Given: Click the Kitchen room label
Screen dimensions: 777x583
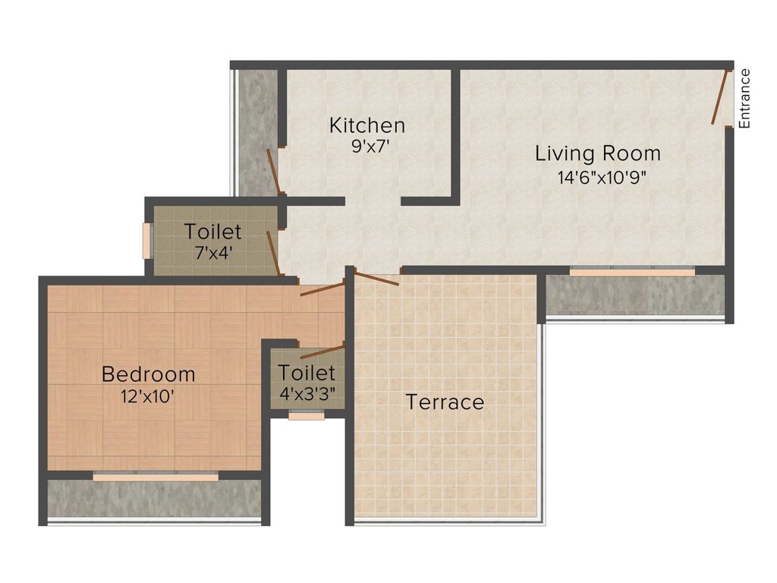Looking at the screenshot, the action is (367, 125).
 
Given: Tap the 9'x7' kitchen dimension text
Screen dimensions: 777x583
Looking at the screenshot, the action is (368, 147).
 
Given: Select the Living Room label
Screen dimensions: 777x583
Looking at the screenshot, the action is (598, 153).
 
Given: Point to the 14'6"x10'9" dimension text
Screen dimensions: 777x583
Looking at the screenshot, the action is (602, 177).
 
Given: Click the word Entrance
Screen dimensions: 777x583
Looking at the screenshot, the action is (744, 99).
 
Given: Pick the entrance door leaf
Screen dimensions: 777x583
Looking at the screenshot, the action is (721, 96).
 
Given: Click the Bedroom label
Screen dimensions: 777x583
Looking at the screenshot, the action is (148, 373).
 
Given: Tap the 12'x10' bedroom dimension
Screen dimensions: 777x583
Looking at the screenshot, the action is (147, 396).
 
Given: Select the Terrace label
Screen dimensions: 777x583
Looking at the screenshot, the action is (445, 402).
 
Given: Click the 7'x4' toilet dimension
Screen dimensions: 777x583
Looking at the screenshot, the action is (213, 254).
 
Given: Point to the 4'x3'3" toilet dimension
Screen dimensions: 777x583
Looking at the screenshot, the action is (307, 394).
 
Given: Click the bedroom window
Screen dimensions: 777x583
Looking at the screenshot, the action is (156, 477).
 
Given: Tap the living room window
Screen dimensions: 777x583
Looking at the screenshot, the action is (632, 272).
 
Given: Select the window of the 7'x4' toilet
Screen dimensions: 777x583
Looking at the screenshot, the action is (147, 241).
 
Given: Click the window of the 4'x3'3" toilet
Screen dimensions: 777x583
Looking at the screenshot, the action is (307, 415).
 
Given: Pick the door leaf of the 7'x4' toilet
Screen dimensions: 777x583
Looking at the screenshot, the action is (275, 253).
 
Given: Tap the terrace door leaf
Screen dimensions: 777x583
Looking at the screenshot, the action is (376, 279).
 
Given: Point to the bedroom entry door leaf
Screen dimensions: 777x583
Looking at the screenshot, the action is (322, 288).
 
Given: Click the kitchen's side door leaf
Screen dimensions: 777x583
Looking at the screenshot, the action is (275, 171).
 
